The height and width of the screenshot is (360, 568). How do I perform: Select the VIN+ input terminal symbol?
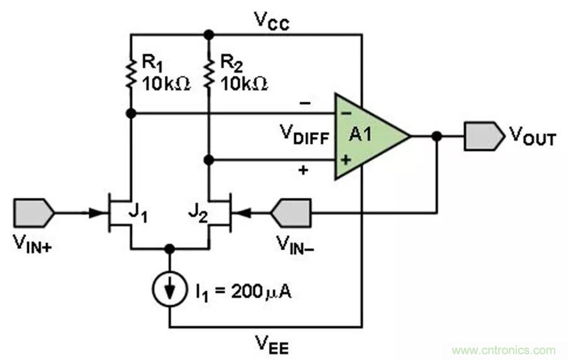[x=34, y=213]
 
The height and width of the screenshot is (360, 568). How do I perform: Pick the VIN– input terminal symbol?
[x=291, y=213]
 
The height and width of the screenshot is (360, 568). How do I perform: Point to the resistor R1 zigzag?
[x=131, y=74]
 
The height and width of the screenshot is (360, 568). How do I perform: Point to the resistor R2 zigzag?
[x=209, y=74]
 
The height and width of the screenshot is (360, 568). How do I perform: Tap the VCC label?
[x=272, y=20]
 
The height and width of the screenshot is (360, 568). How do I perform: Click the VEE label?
[x=272, y=344]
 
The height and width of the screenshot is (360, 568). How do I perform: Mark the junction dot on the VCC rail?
[x=209, y=34]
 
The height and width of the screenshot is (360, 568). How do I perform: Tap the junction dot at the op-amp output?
[x=436, y=136]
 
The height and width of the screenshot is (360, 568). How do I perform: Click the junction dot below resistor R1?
[x=131, y=114]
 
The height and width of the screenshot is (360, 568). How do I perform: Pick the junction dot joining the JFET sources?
[x=170, y=248]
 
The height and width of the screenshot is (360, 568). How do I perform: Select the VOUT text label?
[x=533, y=137]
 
